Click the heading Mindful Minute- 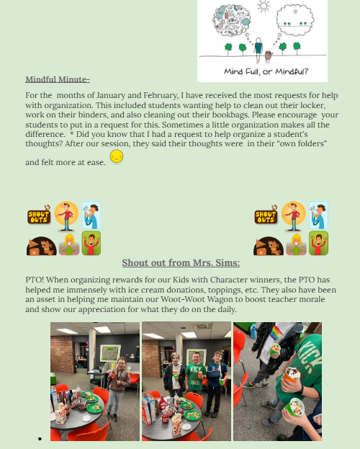click(x=58, y=79)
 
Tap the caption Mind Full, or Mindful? click(x=266, y=71)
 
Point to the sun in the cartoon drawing click(x=264, y=6)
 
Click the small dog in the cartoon click(x=268, y=56)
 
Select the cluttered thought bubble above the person click(x=232, y=20)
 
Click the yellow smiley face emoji click(x=117, y=156)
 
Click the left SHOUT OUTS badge click(x=39, y=215)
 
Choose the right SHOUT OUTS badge click(x=266, y=215)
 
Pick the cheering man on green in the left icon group click(x=91, y=243)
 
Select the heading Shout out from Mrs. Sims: click(x=181, y=262)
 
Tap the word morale click(x=312, y=299)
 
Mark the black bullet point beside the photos click(x=40, y=439)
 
